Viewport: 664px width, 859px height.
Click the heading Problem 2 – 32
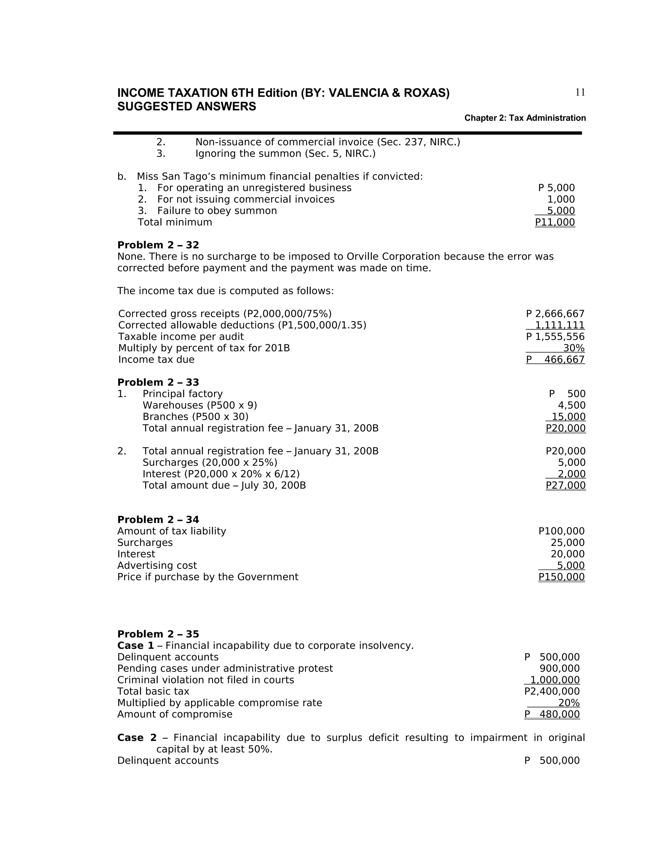pos(158,245)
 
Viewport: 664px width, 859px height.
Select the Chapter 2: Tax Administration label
pos(525,118)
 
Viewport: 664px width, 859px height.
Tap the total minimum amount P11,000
pos(555,222)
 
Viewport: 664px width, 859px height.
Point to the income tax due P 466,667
pos(555,359)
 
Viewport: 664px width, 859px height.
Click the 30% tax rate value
pos(574,348)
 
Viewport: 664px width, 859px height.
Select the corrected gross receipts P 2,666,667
pos(555,314)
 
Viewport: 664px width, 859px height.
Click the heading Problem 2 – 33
pos(158,382)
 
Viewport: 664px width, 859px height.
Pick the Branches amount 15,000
pos(568,417)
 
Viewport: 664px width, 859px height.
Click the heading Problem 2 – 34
pos(158,520)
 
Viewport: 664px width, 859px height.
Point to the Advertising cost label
pos(157,566)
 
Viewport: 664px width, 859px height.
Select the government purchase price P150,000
pos(561,577)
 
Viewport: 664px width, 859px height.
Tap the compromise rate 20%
pos(568,703)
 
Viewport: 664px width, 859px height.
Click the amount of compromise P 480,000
pos(552,714)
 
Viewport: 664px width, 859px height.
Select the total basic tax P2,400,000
pos(552,691)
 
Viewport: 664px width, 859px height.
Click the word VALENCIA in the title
pos(358,93)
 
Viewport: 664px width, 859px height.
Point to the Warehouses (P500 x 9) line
pos(199,406)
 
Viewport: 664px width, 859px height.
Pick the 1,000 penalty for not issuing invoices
pos(561,199)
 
